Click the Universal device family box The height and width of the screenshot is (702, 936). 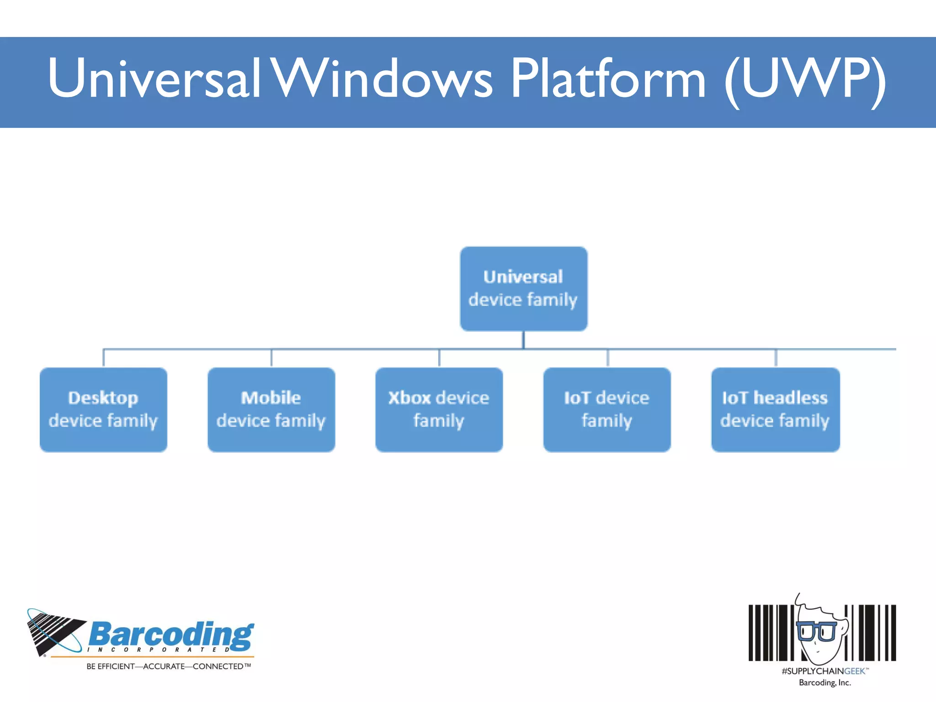[x=523, y=288]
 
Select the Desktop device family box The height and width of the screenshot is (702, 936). [x=103, y=409]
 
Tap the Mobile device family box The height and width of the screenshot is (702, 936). [x=271, y=409]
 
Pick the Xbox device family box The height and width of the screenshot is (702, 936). [x=439, y=409]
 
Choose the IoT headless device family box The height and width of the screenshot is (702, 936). [x=775, y=409]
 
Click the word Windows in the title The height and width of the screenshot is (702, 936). [x=383, y=79]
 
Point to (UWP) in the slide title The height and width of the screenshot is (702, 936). [x=804, y=80]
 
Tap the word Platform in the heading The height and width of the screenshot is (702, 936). [x=608, y=79]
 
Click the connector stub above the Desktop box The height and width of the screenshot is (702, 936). [x=104, y=358]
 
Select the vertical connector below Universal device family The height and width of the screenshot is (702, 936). [x=523, y=340]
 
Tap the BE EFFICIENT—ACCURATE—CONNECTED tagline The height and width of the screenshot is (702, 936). [x=169, y=666]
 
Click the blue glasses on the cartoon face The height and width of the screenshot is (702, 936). [x=817, y=631]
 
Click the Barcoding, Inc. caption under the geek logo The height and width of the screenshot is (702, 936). [x=824, y=682]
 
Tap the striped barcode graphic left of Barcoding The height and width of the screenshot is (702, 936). [x=54, y=632]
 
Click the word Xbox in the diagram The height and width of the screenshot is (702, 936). [x=409, y=398]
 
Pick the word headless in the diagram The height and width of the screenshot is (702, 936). [x=790, y=398]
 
